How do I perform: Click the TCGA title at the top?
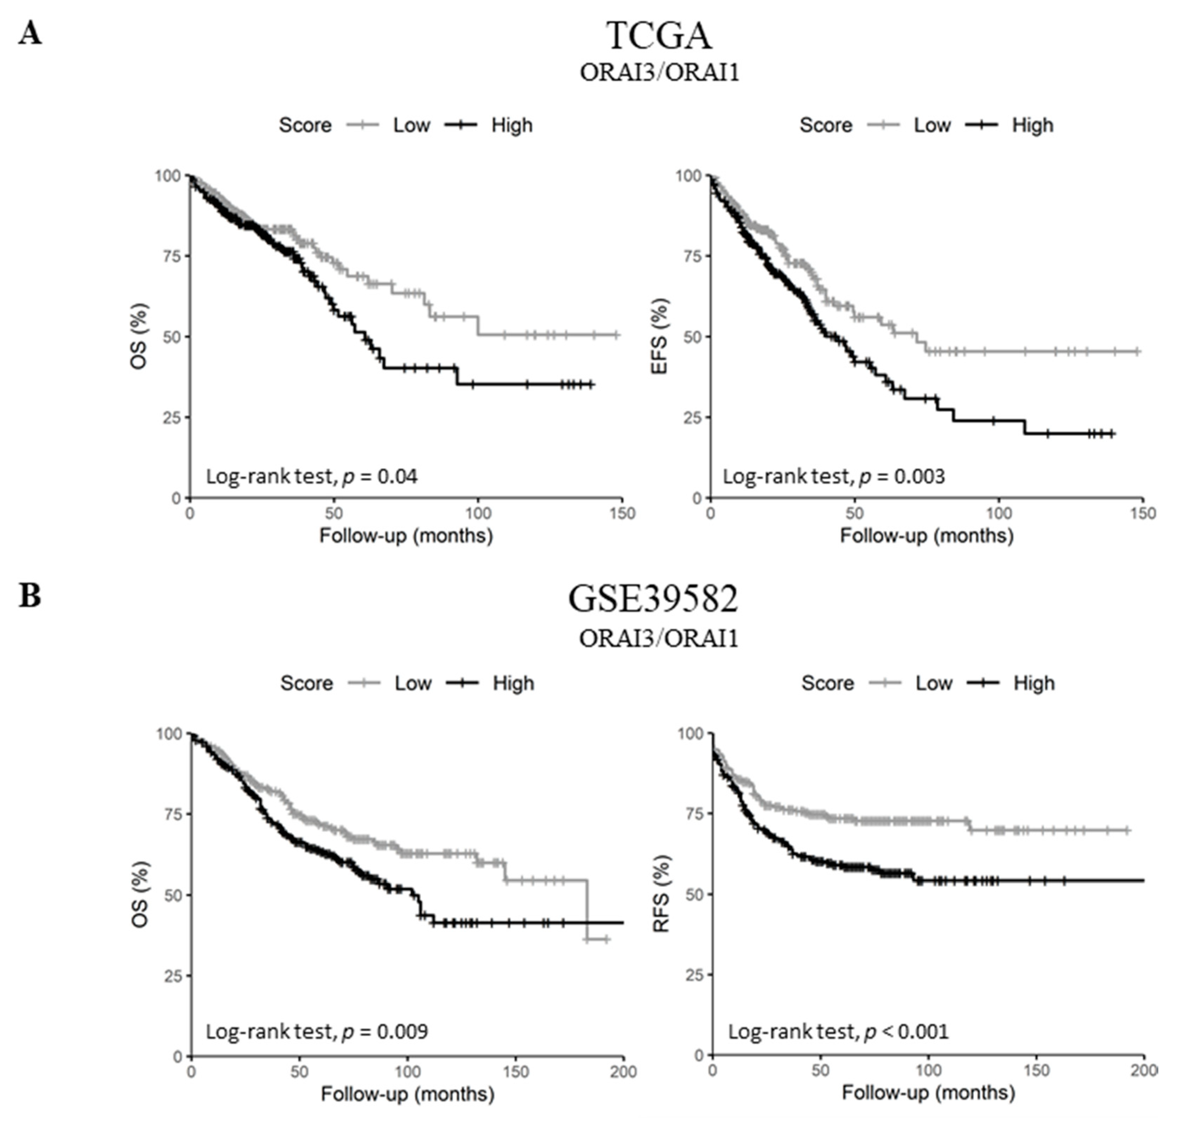(659, 36)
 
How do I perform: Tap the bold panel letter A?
(30, 33)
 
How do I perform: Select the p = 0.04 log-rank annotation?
(311, 476)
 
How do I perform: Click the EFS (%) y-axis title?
(660, 337)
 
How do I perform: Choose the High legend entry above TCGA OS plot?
(511, 125)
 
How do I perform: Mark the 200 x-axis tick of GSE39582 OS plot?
(623, 1071)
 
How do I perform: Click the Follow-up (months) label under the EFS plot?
(927, 535)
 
